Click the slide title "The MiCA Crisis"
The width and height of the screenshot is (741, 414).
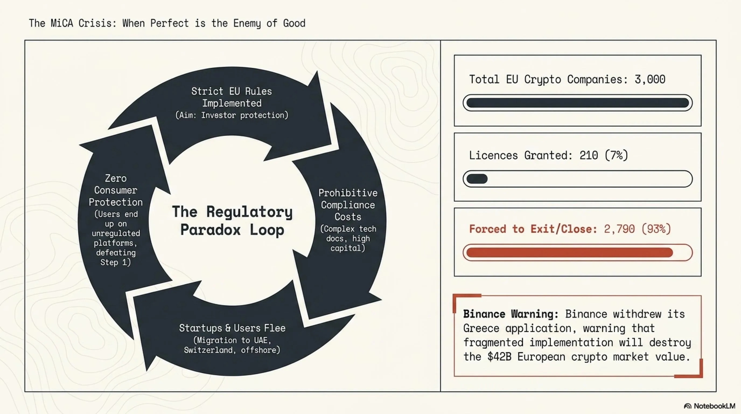coord(72,23)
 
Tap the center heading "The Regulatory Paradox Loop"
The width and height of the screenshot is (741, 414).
coord(232,221)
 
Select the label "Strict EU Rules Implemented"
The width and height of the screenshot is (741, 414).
coord(232,97)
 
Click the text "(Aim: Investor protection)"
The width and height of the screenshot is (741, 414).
coord(232,115)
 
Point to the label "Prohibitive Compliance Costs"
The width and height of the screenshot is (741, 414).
coord(348,205)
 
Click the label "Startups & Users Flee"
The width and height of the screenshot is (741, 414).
coord(232,328)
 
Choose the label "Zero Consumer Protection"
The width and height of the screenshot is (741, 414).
coord(116,190)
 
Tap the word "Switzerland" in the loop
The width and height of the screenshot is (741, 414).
coord(208,350)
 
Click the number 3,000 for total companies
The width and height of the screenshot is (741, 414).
coord(650,80)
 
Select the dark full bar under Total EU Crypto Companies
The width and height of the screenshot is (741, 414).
coord(578,103)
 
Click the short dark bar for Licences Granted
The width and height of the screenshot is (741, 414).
coord(477,179)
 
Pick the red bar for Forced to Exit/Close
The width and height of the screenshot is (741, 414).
coord(569,253)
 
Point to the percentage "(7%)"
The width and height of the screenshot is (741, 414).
coord(616,156)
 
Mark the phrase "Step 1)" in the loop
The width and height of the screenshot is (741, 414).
coord(116,262)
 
